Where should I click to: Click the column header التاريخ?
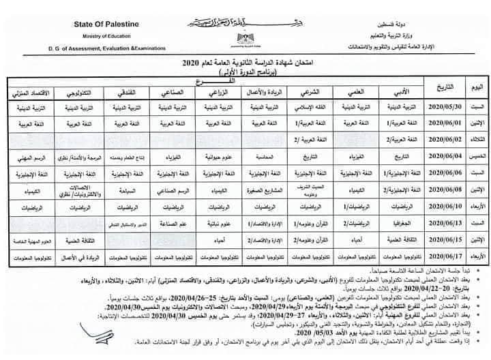(434, 89)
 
